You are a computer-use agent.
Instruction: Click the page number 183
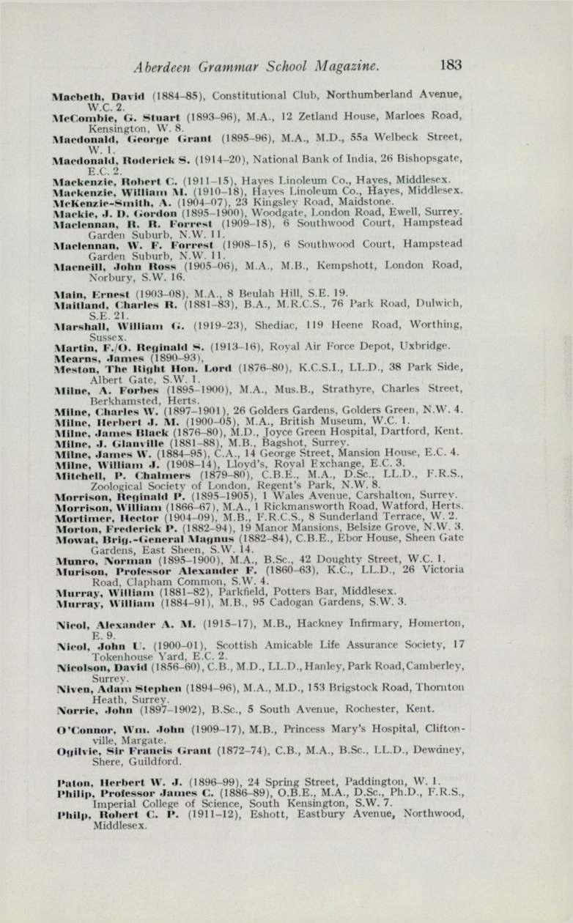click(451, 65)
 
